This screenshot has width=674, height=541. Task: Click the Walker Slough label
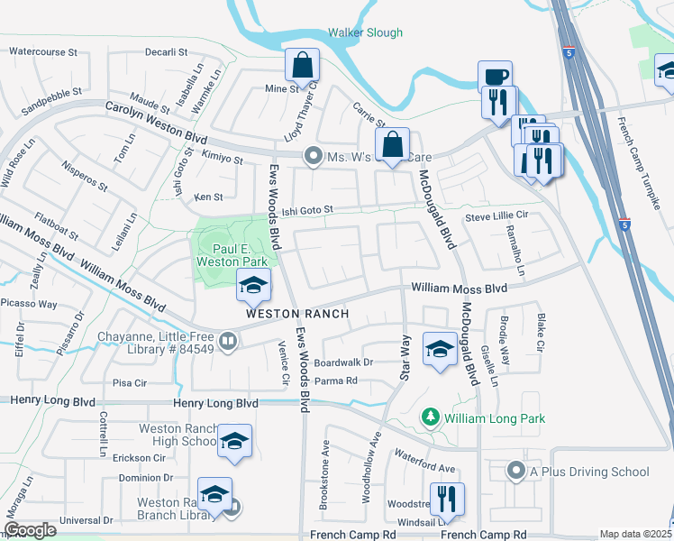[x=364, y=32]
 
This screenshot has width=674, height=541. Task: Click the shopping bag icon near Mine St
[x=303, y=65]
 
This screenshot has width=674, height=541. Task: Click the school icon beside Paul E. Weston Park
[x=254, y=286]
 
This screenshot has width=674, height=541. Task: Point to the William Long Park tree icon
[x=432, y=417]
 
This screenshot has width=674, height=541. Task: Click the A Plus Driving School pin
[x=515, y=472]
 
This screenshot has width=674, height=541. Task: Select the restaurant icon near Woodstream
[x=447, y=499]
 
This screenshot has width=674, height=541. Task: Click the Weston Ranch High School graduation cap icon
[x=234, y=441]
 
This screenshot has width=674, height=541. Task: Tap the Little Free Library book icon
[x=229, y=342]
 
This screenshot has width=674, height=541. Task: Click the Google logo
[x=30, y=530]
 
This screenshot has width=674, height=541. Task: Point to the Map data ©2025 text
[x=634, y=534]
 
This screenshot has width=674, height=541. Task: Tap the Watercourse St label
[x=43, y=52]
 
